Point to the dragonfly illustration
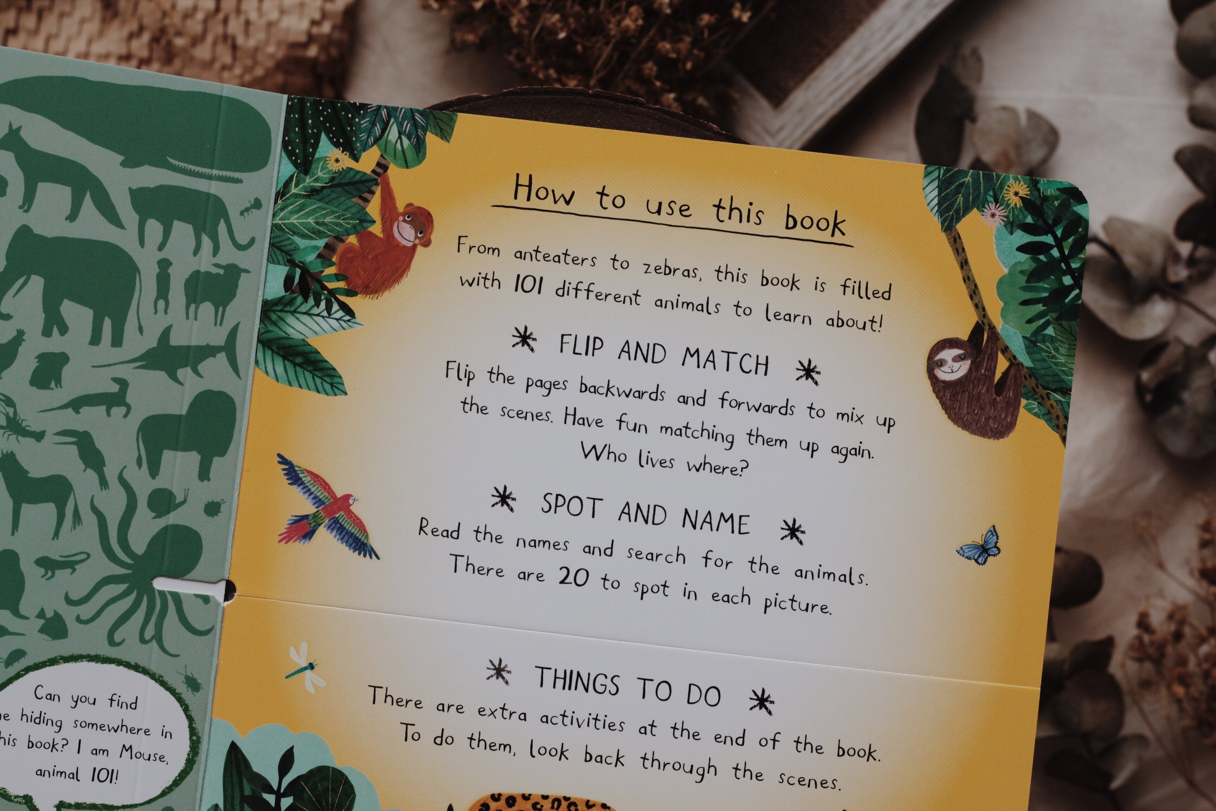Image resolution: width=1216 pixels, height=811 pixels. click(x=305, y=667)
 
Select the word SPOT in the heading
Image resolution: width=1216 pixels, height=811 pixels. click(x=571, y=505)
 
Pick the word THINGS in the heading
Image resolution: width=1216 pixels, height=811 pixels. click(x=577, y=680)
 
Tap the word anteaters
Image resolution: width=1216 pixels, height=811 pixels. click(x=555, y=256)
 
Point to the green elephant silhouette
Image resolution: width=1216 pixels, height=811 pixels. click(x=73, y=285)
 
